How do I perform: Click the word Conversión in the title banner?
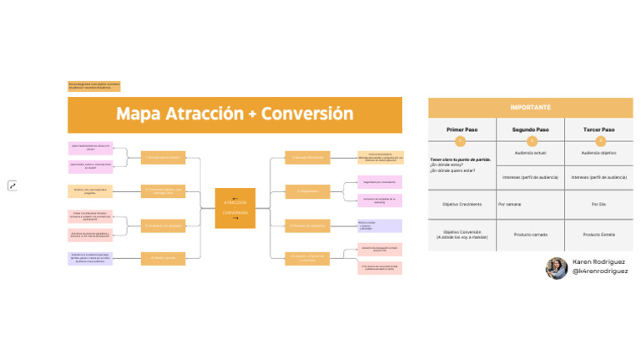click(308, 114)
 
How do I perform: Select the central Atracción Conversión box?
click(235, 208)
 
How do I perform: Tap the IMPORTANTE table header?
click(530, 108)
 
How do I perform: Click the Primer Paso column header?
click(462, 130)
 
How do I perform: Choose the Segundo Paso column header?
click(530, 130)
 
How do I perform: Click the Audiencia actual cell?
click(530, 154)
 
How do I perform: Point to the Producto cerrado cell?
click(530, 235)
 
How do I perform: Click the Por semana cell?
click(511, 203)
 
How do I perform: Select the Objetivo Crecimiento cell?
click(462, 203)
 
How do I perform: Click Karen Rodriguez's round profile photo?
click(557, 267)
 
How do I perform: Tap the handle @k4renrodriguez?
click(600, 271)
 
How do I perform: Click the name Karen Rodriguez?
click(598, 261)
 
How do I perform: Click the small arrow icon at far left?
click(13, 185)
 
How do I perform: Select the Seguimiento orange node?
click(303, 191)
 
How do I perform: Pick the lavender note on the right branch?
click(380, 226)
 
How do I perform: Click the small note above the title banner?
click(94, 86)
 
